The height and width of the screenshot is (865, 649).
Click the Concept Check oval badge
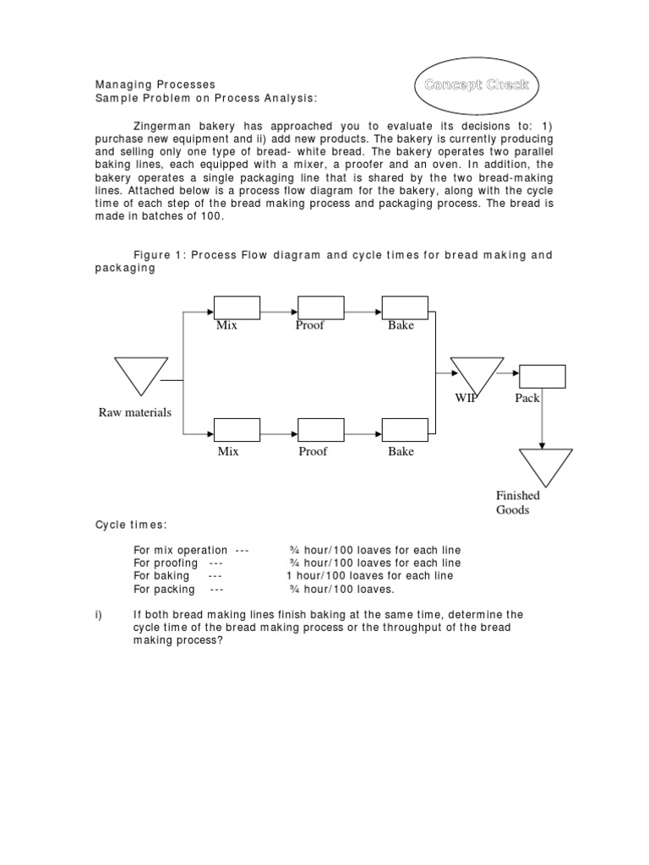(477, 84)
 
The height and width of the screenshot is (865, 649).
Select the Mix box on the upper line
(237, 307)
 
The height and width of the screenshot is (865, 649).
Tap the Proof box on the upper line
(320, 307)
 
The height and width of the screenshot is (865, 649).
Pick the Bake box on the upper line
(405, 307)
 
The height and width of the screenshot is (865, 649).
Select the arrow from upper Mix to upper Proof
(278, 308)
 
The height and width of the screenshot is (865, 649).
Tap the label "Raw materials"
(135, 412)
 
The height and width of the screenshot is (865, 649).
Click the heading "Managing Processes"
(155, 84)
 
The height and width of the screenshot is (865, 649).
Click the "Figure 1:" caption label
(160, 255)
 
